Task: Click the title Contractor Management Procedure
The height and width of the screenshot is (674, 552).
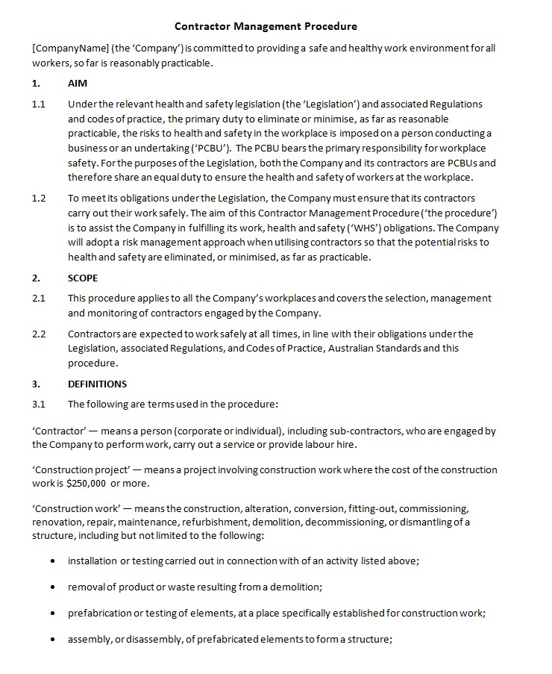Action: pyautogui.click(x=266, y=26)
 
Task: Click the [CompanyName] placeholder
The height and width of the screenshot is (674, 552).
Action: pyautogui.click(x=70, y=49)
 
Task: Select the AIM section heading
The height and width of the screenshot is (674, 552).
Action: pyautogui.click(x=78, y=84)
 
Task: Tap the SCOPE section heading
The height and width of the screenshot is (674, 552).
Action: pyautogui.click(x=83, y=278)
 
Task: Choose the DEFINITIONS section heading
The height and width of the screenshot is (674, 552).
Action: pyautogui.click(x=97, y=384)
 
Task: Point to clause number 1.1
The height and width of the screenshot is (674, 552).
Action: pyautogui.click(x=39, y=104)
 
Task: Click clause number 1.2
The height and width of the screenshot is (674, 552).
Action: pyautogui.click(x=39, y=199)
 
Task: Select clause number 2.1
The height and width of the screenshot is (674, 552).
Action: pyautogui.click(x=39, y=298)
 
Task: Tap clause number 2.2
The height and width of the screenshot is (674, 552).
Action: pyautogui.click(x=39, y=334)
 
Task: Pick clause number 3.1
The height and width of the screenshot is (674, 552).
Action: pyautogui.click(x=39, y=404)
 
